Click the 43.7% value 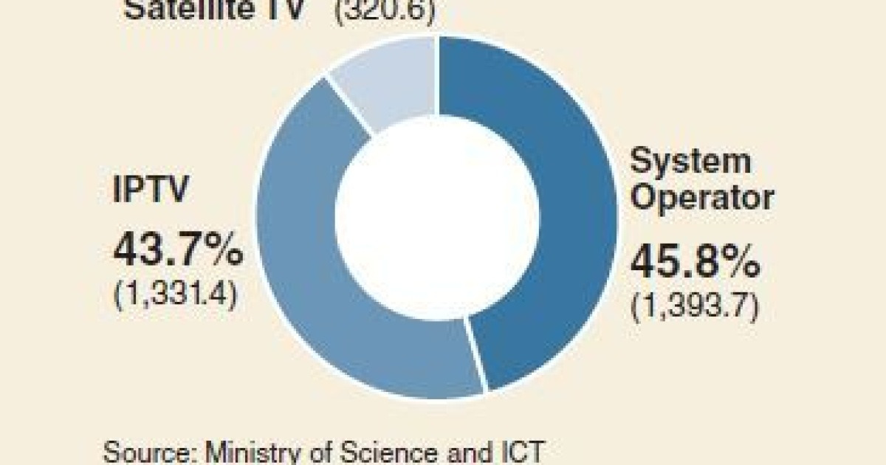[x=177, y=251]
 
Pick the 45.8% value [x=694, y=263]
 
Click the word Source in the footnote [x=144, y=450]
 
